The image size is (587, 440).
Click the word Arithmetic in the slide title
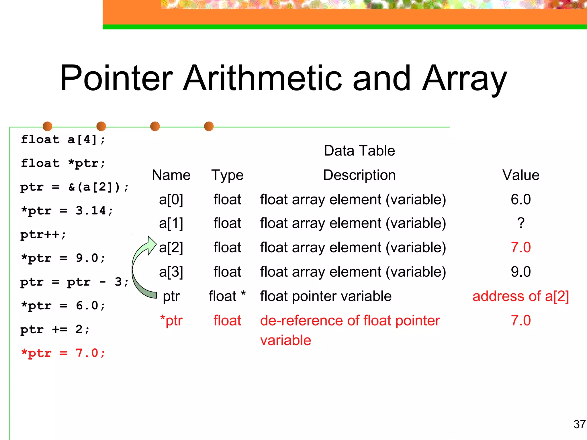point(263,78)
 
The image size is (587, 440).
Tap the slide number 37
point(579,424)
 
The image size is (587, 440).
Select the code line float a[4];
point(63,140)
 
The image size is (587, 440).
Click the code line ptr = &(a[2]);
point(75,187)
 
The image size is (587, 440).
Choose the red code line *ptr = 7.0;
point(63,353)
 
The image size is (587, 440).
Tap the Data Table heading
point(359,151)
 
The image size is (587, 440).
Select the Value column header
point(521,175)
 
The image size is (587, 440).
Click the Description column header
point(359,175)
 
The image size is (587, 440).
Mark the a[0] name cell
point(171,199)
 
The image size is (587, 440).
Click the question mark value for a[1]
point(521,223)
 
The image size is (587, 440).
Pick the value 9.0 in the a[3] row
point(521,272)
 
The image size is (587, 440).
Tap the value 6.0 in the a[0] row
point(521,199)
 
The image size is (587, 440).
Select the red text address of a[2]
point(521,296)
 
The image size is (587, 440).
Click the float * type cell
point(227,296)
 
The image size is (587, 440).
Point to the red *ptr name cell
point(171,321)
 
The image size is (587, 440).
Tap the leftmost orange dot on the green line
point(47,126)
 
